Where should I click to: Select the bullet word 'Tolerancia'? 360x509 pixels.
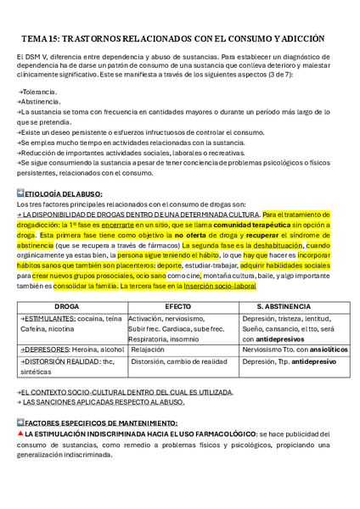point(40,91)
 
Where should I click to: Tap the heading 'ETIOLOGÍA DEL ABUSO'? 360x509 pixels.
point(64,194)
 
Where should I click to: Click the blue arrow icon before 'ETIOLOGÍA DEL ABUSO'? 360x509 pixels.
point(20,193)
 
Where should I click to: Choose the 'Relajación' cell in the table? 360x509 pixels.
point(149,349)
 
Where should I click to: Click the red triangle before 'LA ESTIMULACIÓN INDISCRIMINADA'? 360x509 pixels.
point(20,433)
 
